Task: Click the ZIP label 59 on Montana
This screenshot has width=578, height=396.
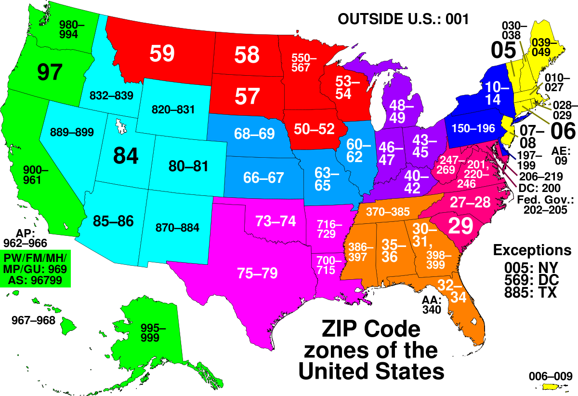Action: [x=162, y=54]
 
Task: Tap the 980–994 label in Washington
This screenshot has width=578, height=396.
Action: [x=71, y=29]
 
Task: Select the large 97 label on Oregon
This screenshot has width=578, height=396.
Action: [x=50, y=72]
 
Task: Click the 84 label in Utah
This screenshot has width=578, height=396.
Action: [x=126, y=156]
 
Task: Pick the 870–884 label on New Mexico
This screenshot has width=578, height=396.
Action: [x=177, y=227]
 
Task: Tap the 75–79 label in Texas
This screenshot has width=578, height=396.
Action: [x=257, y=273]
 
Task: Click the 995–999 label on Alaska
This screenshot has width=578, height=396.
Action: [x=153, y=333]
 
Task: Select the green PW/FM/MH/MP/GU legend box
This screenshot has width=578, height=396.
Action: [x=35, y=268]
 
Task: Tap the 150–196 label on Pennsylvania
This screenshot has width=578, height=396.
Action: [x=473, y=129]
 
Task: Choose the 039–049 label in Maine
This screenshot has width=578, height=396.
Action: [x=543, y=47]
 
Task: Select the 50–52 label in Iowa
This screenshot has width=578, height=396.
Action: [x=314, y=129]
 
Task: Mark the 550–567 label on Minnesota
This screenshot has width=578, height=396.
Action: [x=303, y=63]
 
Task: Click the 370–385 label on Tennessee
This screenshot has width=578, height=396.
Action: [x=388, y=211]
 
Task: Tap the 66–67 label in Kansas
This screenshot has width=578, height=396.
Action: [x=263, y=178]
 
